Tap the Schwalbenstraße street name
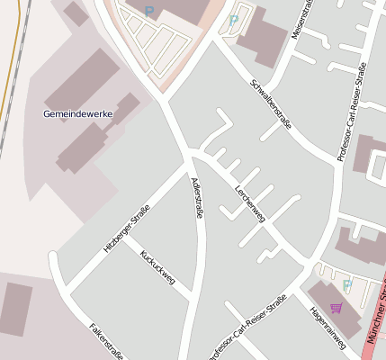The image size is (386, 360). (x=270, y=104)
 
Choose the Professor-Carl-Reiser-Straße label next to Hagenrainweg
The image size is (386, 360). (x=247, y=326)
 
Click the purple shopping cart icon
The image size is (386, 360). (x=337, y=308)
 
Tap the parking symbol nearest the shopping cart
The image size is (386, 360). (x=347, y=285)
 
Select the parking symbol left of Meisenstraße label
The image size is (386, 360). (x=234, y=20)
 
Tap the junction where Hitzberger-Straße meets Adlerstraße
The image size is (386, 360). (x=187, y=166)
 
